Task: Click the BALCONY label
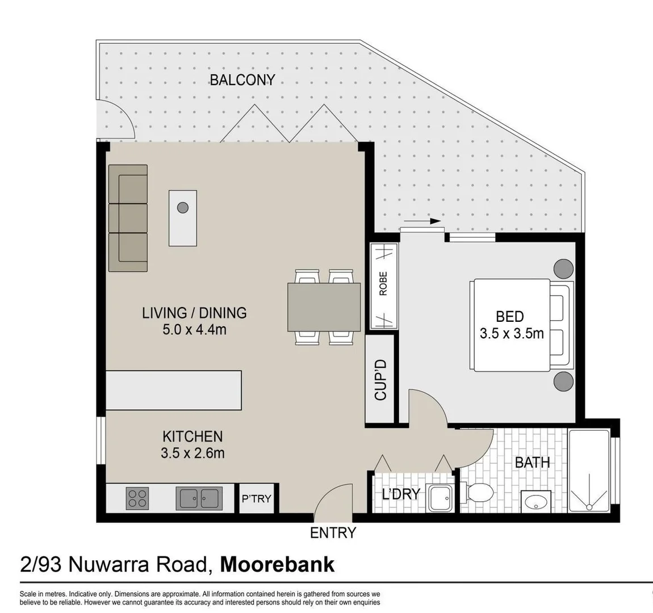click(242, 80)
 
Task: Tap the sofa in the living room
click(128, 218)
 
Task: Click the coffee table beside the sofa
click(182, 218)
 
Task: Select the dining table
click(324, 307)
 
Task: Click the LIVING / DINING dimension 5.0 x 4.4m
click(194, 329)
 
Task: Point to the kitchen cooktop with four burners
click(137, 498)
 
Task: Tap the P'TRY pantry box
click(257, 498)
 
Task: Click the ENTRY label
click(333, 533)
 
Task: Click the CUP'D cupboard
click(380, 380)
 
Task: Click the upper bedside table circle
click(563, 268)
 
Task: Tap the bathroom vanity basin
click(535, 502)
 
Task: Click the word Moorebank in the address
click(277, 565)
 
